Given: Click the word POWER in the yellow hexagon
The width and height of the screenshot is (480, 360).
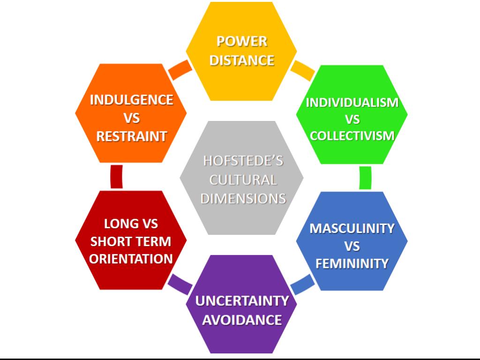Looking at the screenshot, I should (242, 42).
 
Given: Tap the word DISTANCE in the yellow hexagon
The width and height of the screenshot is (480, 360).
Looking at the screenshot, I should (242, 60).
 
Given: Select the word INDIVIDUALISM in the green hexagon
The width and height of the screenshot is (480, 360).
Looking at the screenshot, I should (352, 102).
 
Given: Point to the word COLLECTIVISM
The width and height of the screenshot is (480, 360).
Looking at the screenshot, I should (352, 136).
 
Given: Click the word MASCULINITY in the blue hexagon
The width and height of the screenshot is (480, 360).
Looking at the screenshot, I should (352, 229).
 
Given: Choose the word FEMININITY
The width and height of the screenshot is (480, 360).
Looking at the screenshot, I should (352, 263).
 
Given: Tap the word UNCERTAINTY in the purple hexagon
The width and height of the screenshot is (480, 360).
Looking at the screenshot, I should (242, 300).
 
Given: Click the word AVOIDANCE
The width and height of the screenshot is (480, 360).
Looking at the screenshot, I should (242, 320).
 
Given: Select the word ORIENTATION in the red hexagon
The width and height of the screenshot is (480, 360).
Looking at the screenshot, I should (131, 259).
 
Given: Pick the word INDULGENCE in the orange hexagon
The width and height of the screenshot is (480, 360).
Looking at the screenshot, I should (131, 100).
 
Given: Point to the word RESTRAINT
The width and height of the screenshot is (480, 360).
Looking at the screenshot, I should (131, 136).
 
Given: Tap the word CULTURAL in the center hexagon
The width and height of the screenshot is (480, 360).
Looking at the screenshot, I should (243, 180).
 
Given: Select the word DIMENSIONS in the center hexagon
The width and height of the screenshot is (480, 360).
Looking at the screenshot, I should (243, 198).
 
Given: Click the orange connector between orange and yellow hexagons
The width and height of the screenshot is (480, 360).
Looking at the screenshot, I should (180, 69).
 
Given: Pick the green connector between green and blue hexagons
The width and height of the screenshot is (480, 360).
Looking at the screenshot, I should (365, 178).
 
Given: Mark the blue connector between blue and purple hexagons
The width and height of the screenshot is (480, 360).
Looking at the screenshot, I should (302, 283).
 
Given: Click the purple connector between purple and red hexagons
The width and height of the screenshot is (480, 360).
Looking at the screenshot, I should (180, 283).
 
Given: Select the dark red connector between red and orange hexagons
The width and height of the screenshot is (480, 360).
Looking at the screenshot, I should (116, 177).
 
